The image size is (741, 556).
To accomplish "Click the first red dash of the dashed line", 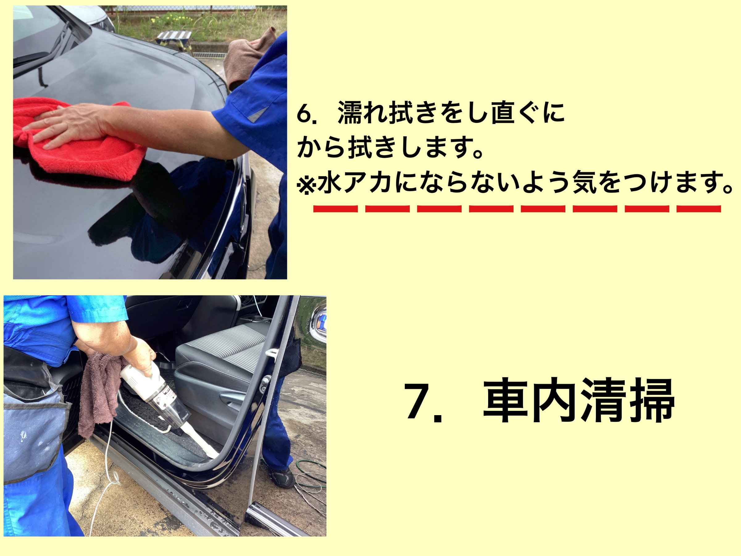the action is tap(335, 209).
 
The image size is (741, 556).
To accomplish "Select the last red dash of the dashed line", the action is tap(699, 209).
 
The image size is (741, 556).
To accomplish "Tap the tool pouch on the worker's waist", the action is tap(33, 426).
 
